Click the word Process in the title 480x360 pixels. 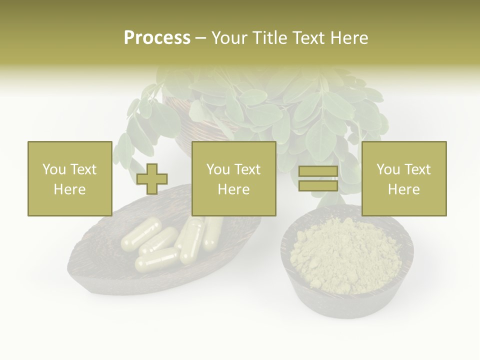click(x=157, y=38)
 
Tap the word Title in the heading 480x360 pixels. click(x=269, y=38)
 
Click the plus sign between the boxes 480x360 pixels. click(x=152, y=179)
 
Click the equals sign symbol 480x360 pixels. click(x=318, y=178)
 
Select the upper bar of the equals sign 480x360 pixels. click(x=318, y=171)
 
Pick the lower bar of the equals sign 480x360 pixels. click(x=318, y=185)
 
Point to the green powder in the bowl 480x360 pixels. click(x=345, y=255)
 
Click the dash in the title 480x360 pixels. click(x=200, y=38)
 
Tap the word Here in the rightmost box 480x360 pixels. click(x=404, y=189)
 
